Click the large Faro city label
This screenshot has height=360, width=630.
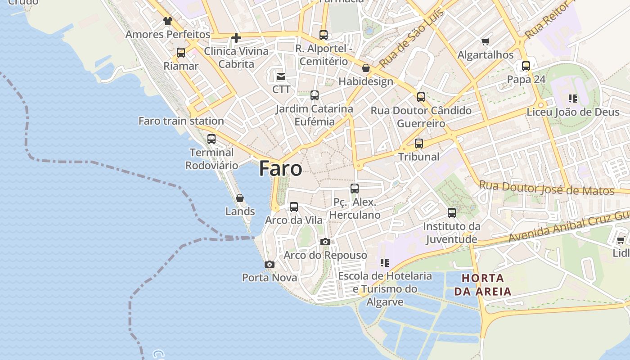pos(280,169)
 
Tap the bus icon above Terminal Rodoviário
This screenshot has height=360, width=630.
pos(211,139)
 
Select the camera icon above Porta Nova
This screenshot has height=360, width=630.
pos(270,264)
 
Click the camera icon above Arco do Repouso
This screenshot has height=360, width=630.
pos(325,242)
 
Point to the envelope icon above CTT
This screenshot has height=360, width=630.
pos(281,76)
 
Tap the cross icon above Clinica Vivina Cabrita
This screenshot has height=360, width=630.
pos(236,38)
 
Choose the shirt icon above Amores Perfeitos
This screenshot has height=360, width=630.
pos(168,21)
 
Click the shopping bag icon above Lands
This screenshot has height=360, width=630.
pos(240,198)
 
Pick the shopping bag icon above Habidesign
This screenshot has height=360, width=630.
pos(366,68)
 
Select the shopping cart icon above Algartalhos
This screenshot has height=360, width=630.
pos(486,42)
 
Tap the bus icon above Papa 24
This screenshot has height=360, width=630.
pos(526,66)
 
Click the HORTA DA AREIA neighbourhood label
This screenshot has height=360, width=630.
pos(483,284)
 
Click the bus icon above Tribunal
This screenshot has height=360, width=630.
pos(419,144)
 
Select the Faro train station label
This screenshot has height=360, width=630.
pos(181,121)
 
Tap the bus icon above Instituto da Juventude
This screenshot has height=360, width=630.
pos(452,213)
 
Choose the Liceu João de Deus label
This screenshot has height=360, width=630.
pos(573,112)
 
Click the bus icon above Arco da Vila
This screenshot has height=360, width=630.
pos(294,207)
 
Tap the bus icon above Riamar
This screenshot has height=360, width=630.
pos(181,53)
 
